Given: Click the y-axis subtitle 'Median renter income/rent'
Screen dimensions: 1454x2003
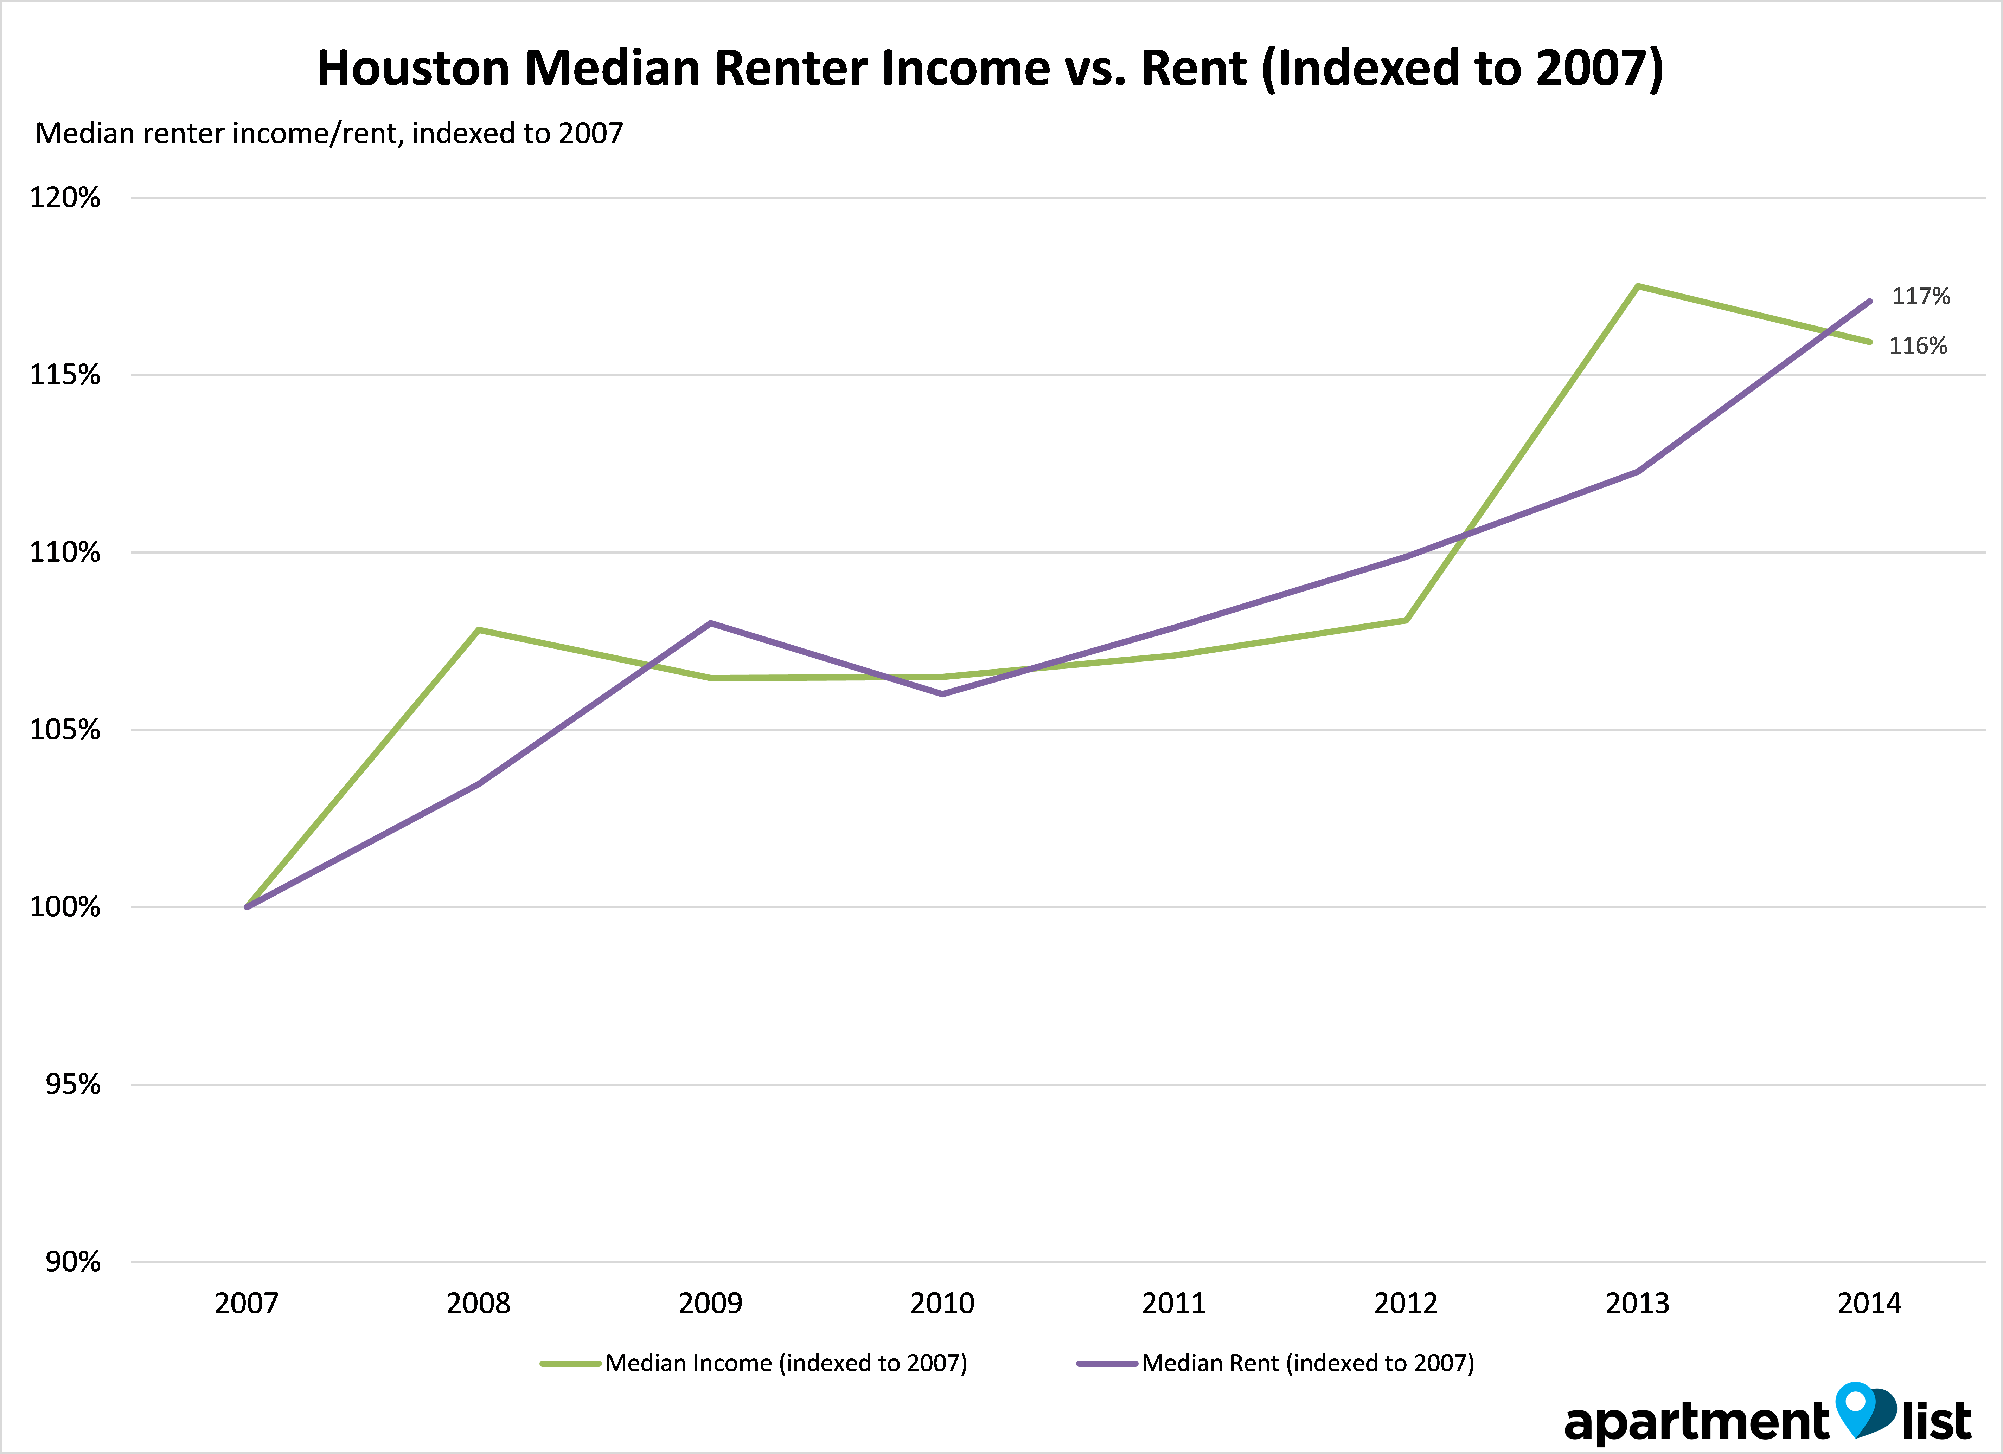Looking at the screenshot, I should click(x=328, y=133).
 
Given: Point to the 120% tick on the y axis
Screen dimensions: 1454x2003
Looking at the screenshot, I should click(x=65, y=198).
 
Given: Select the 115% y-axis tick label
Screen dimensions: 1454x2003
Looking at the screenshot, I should click(x=65, y=375).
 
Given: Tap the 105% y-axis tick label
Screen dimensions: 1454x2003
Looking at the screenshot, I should click(x=65, y=730).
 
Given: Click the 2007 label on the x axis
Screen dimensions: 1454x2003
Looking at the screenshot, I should click(x=247, y=1303).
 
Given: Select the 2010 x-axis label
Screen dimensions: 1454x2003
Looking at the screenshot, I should click(x=942, y=1303).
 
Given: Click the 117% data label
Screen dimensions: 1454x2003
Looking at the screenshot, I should click(x=1921, y=296).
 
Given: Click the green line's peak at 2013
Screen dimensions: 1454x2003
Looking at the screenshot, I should click(x=1637, y=286).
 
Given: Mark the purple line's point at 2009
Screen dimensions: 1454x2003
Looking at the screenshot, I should click(x=711, y=623).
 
